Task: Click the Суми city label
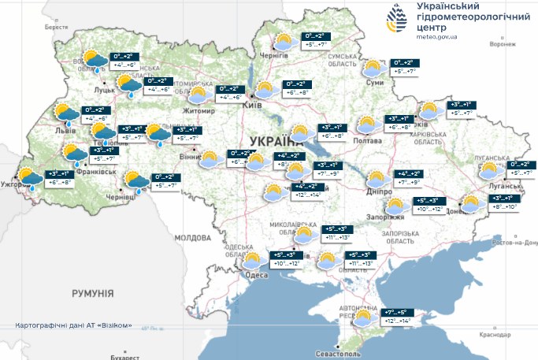375,83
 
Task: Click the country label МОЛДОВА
193,237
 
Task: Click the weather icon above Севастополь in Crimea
363,319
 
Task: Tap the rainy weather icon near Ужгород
30,179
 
